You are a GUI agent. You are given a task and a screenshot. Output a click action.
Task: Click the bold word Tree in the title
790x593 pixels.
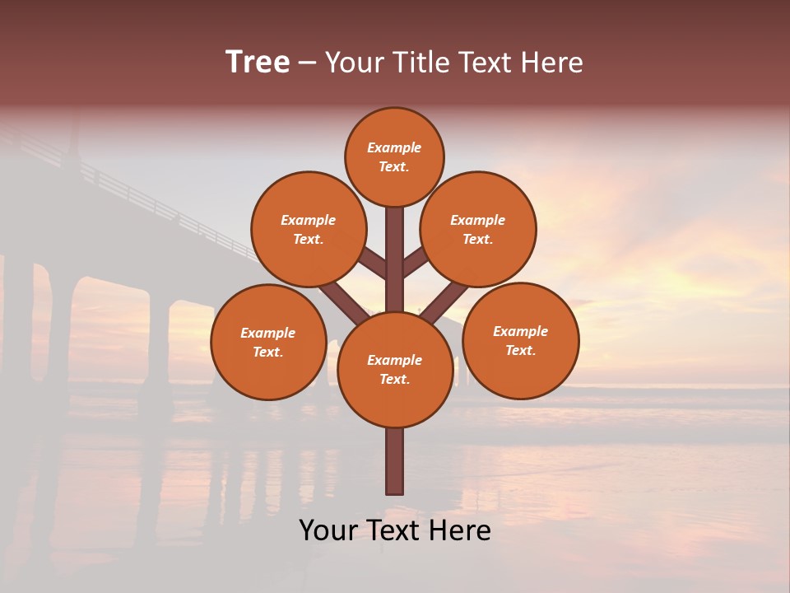(258, 62)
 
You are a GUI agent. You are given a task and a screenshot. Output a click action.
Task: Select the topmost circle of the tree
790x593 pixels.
(394, 156)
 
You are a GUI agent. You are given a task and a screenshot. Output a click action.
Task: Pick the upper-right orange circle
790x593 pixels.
(477, 229)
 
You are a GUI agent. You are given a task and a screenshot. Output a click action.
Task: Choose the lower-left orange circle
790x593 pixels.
(267, 342)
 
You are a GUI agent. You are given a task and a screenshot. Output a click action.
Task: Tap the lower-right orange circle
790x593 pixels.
(520, 340)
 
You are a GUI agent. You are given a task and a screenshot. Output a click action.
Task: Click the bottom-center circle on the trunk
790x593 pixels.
(394, 370)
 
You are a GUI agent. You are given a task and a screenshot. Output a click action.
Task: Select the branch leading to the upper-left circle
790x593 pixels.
(372, 263)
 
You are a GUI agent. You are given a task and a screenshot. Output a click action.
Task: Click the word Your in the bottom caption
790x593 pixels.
(327, 530)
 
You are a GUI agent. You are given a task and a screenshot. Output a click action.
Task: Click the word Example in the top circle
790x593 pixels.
(394, 147)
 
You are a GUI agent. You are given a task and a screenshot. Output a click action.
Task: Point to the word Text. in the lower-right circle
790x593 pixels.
(520, 350)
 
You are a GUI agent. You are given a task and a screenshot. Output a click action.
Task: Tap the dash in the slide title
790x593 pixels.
(307, 63)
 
